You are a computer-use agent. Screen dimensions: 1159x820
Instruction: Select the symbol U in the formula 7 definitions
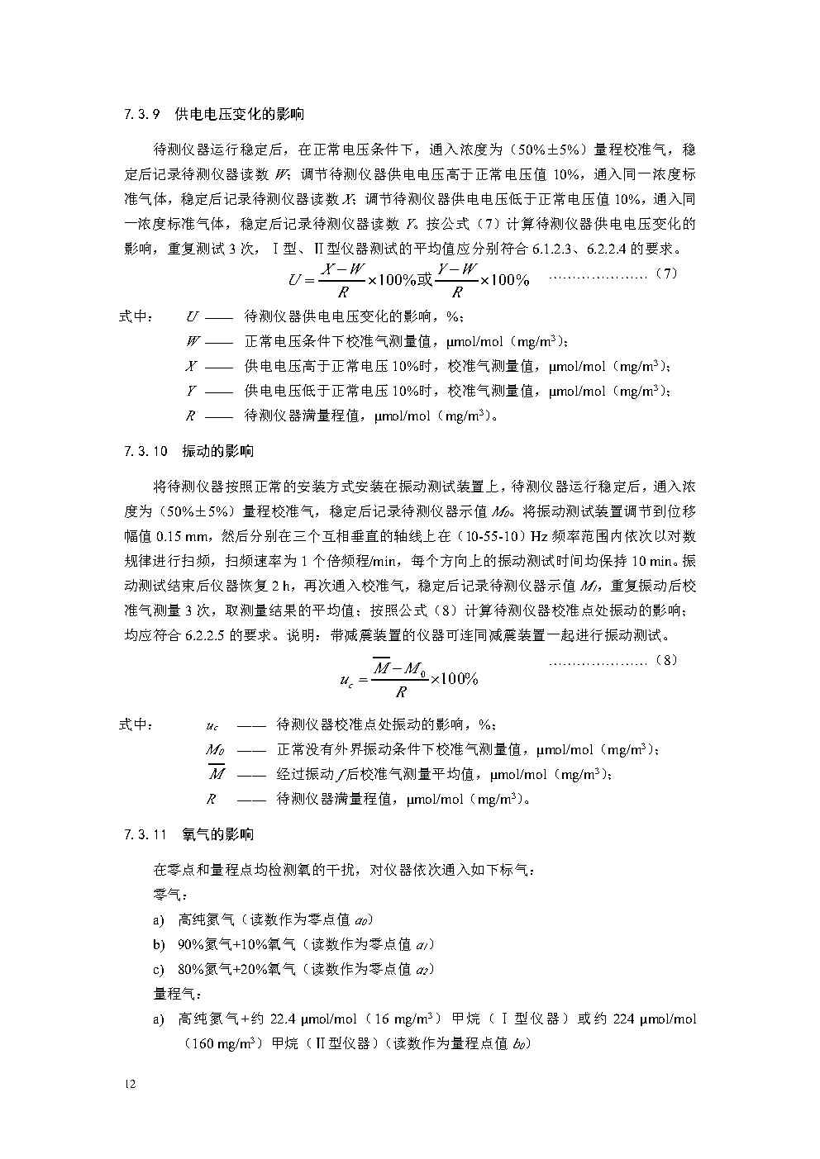click(192, 316)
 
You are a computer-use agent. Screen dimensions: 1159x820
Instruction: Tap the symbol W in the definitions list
click(192, 341)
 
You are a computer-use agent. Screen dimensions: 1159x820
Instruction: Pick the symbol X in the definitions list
click(192, 366)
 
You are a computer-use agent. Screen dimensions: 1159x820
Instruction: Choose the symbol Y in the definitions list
click(191, 391)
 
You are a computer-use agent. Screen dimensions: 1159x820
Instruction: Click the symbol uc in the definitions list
click(212, 725)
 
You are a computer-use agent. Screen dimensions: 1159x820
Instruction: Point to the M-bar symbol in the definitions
click(217, 773)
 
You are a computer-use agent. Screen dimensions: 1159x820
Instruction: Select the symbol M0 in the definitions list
click(215, 750)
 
